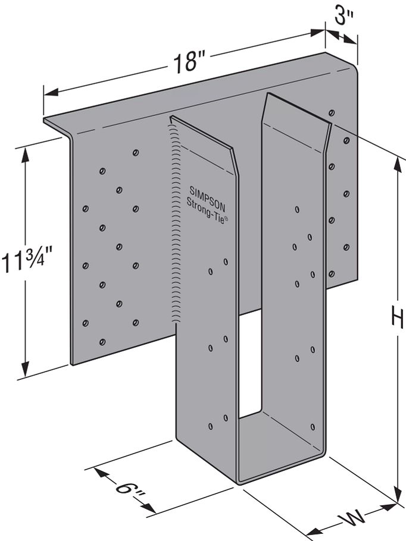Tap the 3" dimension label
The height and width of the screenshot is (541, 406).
[343, 18]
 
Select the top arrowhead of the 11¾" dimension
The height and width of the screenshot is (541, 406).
[25, 153]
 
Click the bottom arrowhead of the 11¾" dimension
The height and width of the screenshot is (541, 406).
[25, 367]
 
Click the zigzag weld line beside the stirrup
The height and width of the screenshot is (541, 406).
[174, 226]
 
